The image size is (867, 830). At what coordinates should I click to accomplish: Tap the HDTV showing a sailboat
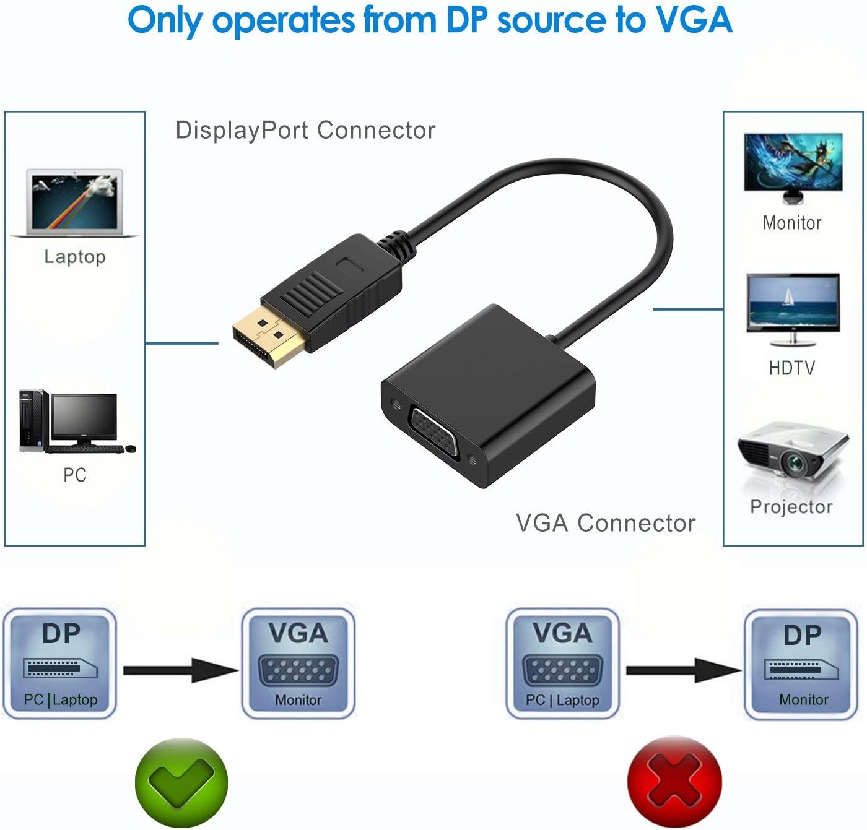[x=793, y=308]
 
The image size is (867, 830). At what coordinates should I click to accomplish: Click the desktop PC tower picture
[x=33, y=421]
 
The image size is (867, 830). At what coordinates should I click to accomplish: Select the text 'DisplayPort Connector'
[x=305, y=131]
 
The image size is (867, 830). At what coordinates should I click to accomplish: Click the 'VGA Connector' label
[x=606, y=523]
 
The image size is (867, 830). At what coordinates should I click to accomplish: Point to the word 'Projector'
[x=791, y=507]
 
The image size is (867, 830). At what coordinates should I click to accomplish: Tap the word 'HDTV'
[x=792, y=368]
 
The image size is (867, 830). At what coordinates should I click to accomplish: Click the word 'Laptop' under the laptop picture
[x=75, y=256]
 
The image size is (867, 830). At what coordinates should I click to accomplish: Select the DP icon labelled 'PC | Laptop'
[x=60, y=664]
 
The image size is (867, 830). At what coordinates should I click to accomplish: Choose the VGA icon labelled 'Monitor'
[x=298, y=664]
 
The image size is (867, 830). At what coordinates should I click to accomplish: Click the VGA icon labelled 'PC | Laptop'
[x=562, y=664]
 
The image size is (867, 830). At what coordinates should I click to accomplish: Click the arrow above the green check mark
[x=181, y=670]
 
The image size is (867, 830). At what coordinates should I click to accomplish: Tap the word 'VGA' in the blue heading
[x=694, y=20]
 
